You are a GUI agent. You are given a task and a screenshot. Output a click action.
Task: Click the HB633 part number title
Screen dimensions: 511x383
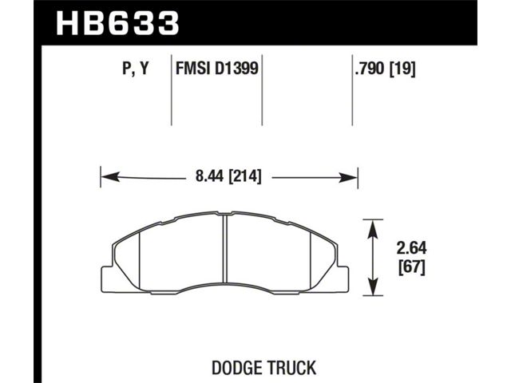click(x=117, y=23)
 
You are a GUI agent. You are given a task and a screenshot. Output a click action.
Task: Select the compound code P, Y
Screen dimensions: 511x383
click(x=135, y=69)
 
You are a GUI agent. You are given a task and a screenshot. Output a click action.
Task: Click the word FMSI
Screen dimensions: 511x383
click(x=192, y=68)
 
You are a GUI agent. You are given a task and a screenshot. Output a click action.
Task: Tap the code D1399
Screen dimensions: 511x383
click(x=236, y=68)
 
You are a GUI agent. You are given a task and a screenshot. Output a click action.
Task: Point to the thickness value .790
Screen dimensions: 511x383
click(x=370, y=68)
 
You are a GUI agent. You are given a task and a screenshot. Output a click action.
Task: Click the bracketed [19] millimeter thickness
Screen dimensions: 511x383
click(x=402, y=69)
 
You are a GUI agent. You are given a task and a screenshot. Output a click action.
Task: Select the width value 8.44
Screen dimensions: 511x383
click(x=209, y=176)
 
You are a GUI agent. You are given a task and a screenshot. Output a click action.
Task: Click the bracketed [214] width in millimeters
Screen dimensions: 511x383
click(x=245, y=176)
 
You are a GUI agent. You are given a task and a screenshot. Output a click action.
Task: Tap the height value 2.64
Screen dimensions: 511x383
click(x=411, y=249)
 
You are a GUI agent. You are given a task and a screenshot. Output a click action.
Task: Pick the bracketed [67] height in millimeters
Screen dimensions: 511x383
click(x=412, y=268)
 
